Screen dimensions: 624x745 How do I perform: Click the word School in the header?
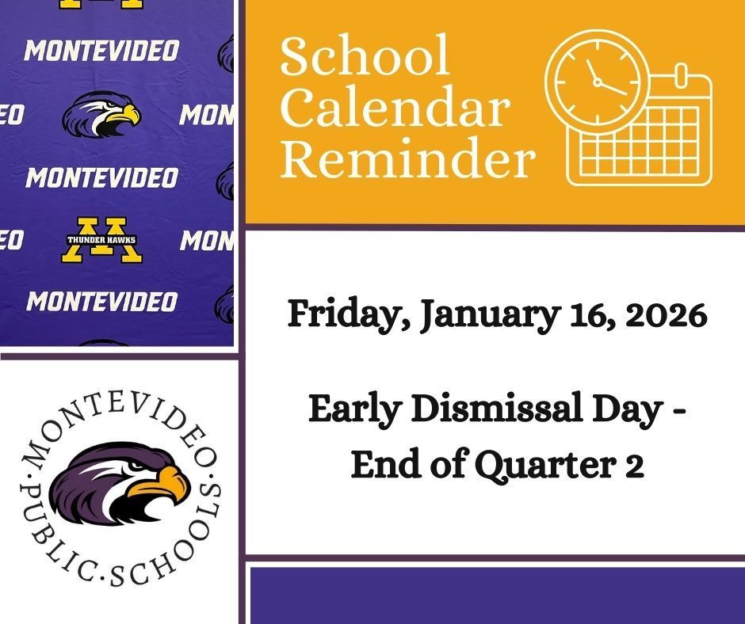[x=364, y=57]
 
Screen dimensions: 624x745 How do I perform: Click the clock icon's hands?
[x=602, y=80]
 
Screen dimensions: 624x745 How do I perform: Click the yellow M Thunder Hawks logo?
[x=101, y=240]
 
